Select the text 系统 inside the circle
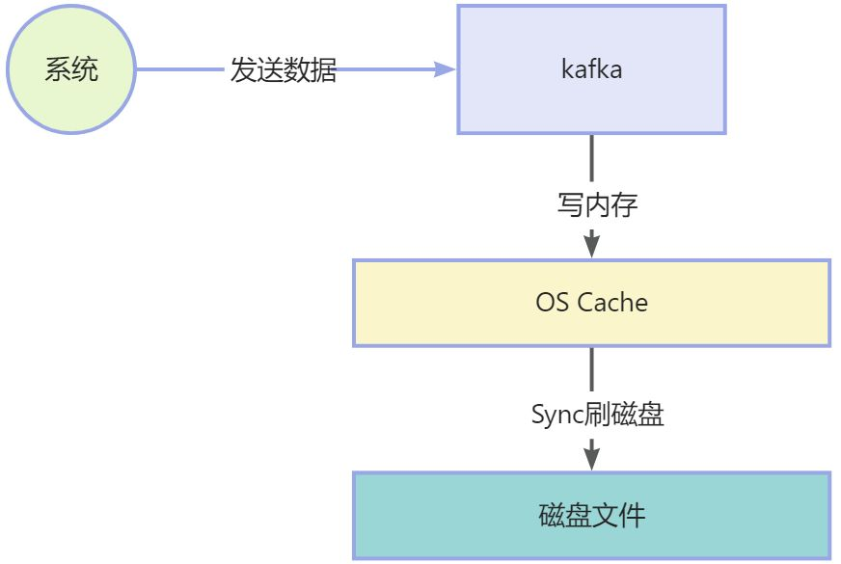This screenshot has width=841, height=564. click(x=71, y=69)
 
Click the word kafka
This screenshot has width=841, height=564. click(x=590, y=69)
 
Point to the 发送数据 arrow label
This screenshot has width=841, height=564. click(x=283, y=69)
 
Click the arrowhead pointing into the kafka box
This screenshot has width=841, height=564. click(x=445, y=69)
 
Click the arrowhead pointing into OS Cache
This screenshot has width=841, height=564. click(x=591, y=248)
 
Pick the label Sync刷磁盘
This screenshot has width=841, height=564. click(x=597, y=415)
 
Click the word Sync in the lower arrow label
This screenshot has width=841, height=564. click(x=558, y=415)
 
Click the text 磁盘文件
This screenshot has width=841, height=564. click(x=591, y=515)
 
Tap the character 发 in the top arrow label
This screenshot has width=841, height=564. click(x=243, y=69)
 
